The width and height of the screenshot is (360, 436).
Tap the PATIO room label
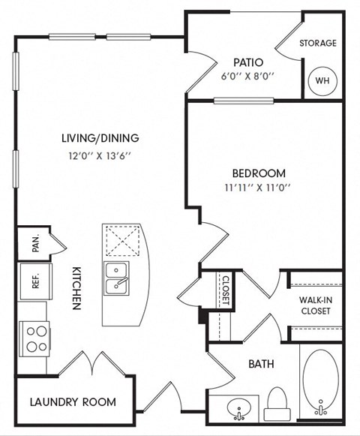point(246,62)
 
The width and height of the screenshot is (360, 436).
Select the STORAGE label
point(318,44)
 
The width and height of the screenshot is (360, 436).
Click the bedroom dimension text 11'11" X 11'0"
point(257,188)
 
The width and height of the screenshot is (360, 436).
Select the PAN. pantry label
point(34,243)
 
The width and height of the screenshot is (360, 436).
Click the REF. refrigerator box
point(31,280)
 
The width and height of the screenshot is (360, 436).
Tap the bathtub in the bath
point(322,381)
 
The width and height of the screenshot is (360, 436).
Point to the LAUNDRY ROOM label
point(73,402)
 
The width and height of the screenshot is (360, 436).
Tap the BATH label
point(261,364)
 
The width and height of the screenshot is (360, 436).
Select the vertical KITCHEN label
point(76,288)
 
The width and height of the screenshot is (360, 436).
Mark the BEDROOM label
point(257,172)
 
